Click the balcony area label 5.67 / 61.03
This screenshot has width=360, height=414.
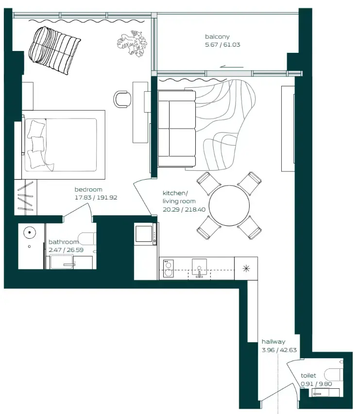tap(223, 45)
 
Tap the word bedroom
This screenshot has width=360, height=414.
tap(88, 189)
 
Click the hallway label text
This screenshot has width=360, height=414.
tap(274, 342)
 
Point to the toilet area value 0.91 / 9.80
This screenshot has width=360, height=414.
tap(316, 383)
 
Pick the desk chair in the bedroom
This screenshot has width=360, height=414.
tap(122, 99)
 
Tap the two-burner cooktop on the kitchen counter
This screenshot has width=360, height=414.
tap(168, 268)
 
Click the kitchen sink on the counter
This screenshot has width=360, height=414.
tap(199, 268)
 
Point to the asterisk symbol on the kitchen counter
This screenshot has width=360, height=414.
tap(246, 268)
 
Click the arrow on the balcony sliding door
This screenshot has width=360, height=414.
tap(231, 67)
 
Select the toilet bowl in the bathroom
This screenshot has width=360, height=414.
tap(87, 239)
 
